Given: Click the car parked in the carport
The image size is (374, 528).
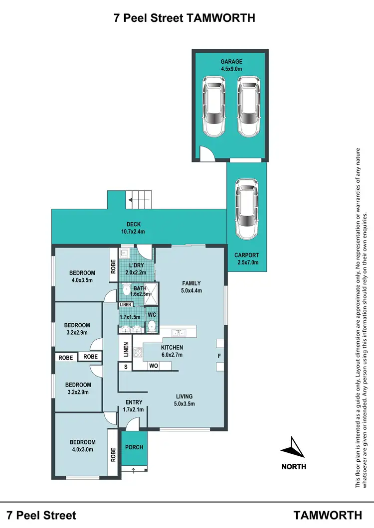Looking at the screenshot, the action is [247, 209].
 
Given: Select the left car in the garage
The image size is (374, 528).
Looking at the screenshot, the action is [213, 107].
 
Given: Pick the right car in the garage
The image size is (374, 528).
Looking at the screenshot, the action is [249, 107].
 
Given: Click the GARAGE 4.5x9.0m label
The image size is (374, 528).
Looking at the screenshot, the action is [231, 65].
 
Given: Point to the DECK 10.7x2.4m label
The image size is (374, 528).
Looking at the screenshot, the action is [133, 228].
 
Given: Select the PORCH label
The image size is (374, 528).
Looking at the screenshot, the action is [134, 447].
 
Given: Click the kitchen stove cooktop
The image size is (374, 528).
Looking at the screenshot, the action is [138, 353].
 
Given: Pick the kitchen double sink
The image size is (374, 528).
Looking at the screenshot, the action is [178, 333].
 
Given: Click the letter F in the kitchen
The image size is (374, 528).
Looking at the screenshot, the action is [219, 356].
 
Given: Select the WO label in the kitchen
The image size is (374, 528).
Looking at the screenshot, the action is [154, 366].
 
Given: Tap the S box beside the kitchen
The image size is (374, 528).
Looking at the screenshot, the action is [126, 367].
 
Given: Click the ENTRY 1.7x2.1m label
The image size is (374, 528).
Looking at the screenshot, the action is [134, 406].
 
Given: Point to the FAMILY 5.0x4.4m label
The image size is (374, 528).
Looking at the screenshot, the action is [191, 287].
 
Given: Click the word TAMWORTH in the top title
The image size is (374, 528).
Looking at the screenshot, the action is [220, 18].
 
